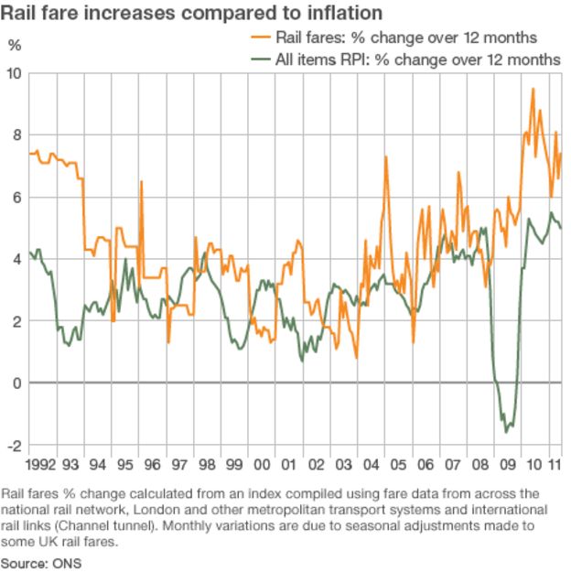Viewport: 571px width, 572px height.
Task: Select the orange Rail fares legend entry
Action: click(x=394, y=38)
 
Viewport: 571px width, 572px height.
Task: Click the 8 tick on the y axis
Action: click(x=16, y=135)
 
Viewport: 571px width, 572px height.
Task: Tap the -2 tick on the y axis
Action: click(x=14, y=446)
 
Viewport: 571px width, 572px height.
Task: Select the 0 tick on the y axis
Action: click(x=16, y=383)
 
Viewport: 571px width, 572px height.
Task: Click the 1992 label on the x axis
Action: click(x=43, y=464)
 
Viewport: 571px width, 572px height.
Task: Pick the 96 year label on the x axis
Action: click(x=152, y=464)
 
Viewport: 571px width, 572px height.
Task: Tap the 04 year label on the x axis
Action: click(x=372, y=464)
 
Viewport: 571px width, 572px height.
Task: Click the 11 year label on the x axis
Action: click(x=555, y=464)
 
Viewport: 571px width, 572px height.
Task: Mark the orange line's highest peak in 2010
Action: click(x=533, y=89)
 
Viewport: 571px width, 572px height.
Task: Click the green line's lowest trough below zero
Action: click(x=506, y=431)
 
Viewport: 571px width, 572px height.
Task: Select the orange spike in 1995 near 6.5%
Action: click(x=141, y=181)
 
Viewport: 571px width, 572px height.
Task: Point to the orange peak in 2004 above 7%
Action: click(x=385, y=156)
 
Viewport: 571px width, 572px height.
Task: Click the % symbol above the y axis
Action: click(x=14, y=45)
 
